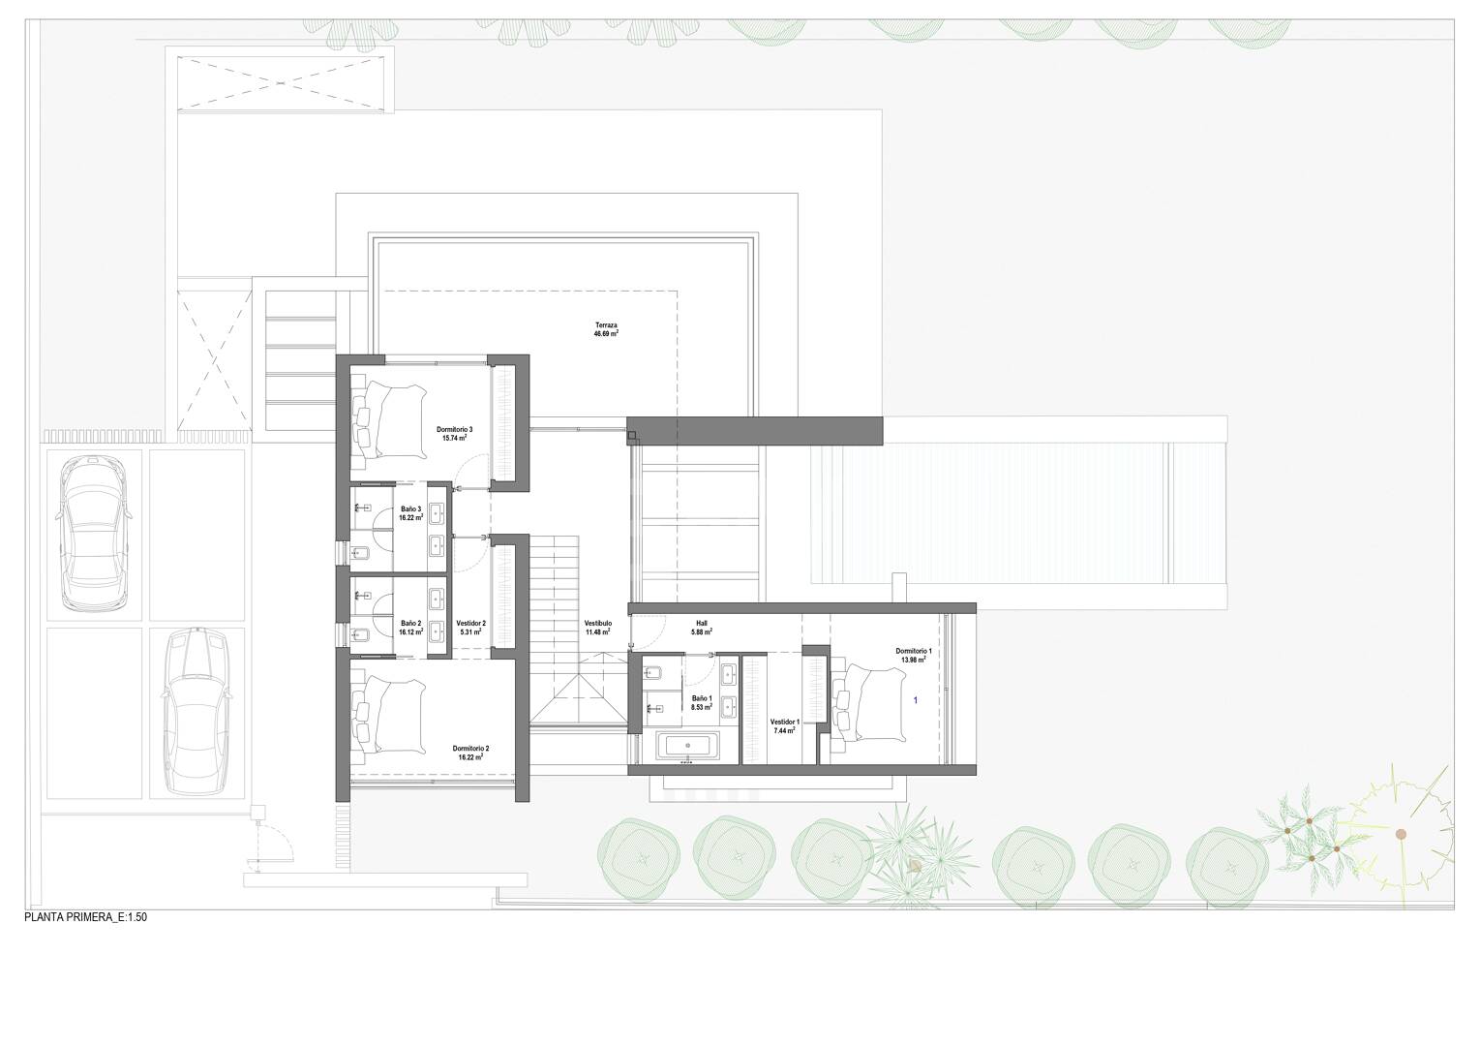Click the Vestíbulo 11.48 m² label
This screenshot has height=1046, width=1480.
(x=598, y=627)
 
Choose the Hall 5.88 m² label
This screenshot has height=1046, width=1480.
(x=702, y=627)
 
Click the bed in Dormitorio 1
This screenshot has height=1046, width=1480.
(x=871, y=705)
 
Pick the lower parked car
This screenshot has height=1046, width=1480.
(x=196, y=711)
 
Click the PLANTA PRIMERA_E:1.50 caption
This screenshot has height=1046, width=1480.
(x=86, y=918)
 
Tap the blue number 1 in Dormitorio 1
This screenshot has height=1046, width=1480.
(x=915, y=700)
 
